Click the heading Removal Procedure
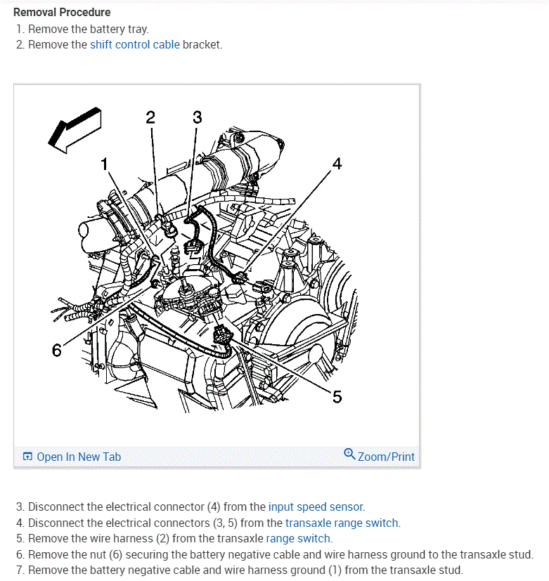coord(62,13)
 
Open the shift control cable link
coord(135,45)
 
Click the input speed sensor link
coord(316,507)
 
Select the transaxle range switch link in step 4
coord(342,523)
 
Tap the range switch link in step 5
coord(298,539)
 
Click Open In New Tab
coord(79,457)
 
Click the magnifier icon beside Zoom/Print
coord(349,455)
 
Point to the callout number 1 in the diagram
coord(105,164)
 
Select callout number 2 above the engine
coord(150,117)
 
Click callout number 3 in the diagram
coord(197,117)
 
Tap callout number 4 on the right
coord(337,164)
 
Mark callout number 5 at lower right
coord(337,397)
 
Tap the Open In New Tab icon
coord(27,457)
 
